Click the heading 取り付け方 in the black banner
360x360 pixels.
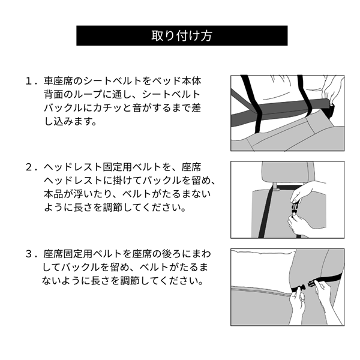pos(179,35)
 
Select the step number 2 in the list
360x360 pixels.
pos(29,166)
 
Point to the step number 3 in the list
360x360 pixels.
pos(29,253)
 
